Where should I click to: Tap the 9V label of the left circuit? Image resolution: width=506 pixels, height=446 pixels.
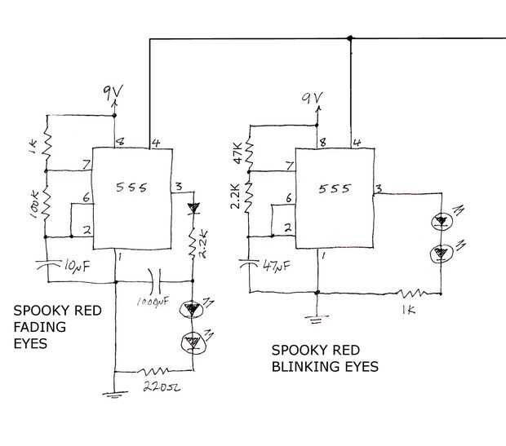(x=111, y=91)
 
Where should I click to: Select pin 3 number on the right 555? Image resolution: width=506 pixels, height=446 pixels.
(x=379, y=189)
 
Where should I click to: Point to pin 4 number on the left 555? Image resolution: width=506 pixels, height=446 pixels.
(x=155, y=144)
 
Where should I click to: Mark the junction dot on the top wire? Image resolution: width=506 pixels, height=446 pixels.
(x=350, y=38)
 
